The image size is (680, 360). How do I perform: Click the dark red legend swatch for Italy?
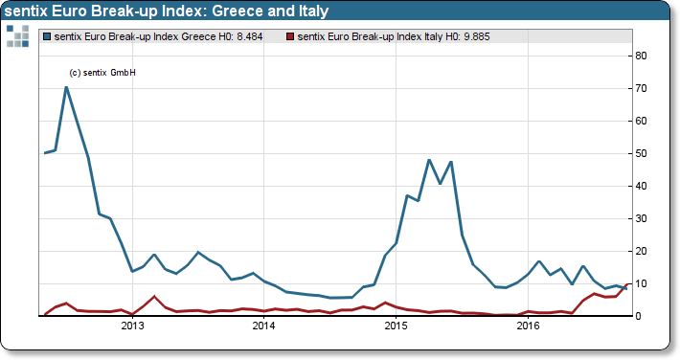coord(290,36)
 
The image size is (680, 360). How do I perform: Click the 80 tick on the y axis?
coord(644,56)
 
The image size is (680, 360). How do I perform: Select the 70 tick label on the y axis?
coord(644,88)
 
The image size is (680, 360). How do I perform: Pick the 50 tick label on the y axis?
coord(644,153)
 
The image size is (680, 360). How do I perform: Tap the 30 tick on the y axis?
coord(644,218)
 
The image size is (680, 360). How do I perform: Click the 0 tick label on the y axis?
coord(641,316)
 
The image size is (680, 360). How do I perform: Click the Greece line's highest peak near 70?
coord(66,87)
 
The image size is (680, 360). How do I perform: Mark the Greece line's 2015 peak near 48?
coord(429,160)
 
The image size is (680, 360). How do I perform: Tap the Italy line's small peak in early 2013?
coord(154,297)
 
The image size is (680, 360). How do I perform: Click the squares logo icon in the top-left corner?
coord(17,35)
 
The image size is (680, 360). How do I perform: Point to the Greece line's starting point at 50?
coord(45,153)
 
